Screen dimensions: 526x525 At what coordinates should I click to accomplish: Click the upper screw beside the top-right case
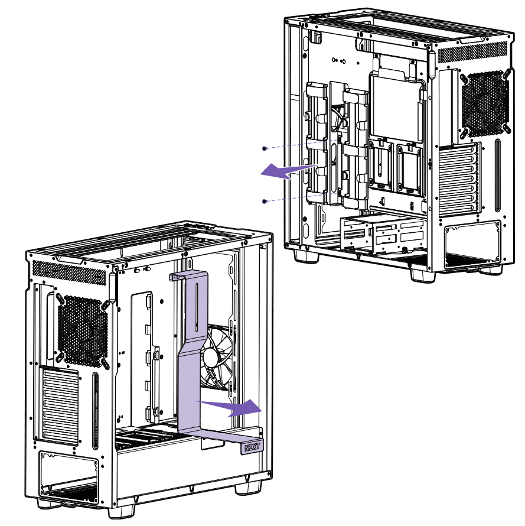(x=265, y=148)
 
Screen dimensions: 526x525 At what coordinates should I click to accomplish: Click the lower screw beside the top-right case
(x=265, y=202)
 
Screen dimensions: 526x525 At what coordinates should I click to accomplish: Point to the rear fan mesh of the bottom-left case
(x=83, y=330)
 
